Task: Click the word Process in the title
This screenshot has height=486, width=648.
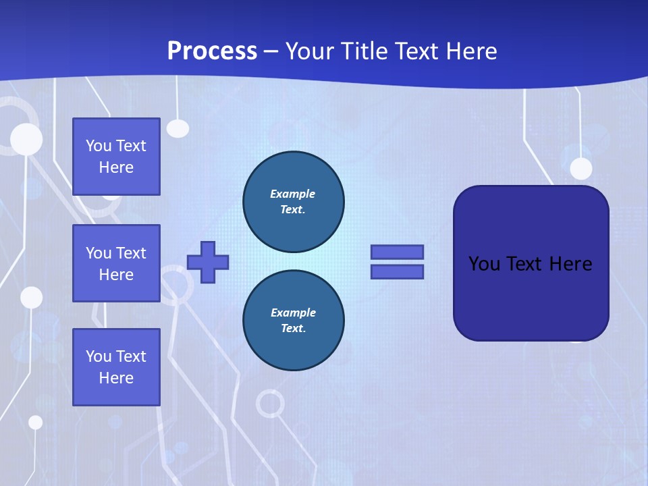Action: tap(212, 51)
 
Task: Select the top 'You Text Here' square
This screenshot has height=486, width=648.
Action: tap(116, 157)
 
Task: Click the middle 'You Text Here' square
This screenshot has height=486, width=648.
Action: tap(116, 263)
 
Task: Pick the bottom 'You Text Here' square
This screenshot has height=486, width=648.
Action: tap(116, 367)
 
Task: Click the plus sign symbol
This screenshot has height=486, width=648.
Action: tap(208, 262)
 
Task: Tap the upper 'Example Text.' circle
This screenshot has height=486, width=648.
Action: tap(294, 202)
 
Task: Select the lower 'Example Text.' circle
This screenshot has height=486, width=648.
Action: tap(294, 321)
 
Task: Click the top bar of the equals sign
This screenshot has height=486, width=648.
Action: tap(397, 252)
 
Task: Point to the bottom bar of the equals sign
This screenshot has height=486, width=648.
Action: tap(397, 272)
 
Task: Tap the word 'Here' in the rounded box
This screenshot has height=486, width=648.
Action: tap(570, 264)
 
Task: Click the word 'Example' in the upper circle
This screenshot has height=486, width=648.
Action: tap(293, 194)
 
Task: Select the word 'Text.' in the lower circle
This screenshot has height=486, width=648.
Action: tap(294, 329)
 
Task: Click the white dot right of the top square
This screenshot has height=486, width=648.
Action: tap(178, 128)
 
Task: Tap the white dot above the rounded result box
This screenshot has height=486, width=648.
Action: tap(580, 168)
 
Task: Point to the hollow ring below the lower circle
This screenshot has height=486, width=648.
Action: tap(270, 404)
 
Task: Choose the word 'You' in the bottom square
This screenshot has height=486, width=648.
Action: tap(98, 356)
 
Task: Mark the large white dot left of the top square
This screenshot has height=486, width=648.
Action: tap(26, 140)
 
